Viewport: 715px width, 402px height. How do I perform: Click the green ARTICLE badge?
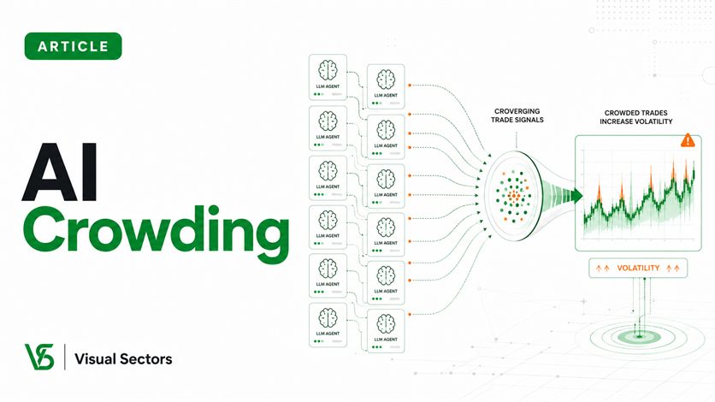point(73,46)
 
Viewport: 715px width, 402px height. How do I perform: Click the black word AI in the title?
point(60,172)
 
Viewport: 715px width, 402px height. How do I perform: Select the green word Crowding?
point(156,234)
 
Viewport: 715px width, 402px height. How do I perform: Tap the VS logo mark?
point(39,357)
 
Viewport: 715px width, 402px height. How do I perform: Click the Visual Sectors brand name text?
point(123,359)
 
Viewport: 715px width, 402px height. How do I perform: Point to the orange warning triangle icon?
point(688,140)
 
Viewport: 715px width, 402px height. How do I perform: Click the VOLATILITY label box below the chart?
point(638,268)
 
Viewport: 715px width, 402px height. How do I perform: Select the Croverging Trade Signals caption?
point(517,115)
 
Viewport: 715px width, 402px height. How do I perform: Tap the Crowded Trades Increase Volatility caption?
point(635,117)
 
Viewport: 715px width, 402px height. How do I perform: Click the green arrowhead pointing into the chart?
point(576,196)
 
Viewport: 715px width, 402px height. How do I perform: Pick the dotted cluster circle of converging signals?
point(513,196)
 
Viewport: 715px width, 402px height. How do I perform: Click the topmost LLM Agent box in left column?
point(328,77)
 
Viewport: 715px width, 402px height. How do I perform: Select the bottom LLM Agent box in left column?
point(328,325)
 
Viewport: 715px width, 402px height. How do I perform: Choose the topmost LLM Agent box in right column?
point(386,86)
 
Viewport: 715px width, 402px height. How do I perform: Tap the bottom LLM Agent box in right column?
point(386,331)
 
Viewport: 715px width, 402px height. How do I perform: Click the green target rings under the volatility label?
point(639,337)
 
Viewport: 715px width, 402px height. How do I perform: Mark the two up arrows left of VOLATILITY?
point(603,269)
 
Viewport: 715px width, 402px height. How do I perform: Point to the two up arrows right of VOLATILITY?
point(672,269)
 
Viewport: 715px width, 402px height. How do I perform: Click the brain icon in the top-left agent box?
point(328,71)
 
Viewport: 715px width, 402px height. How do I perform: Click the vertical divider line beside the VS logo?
point(64,357)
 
